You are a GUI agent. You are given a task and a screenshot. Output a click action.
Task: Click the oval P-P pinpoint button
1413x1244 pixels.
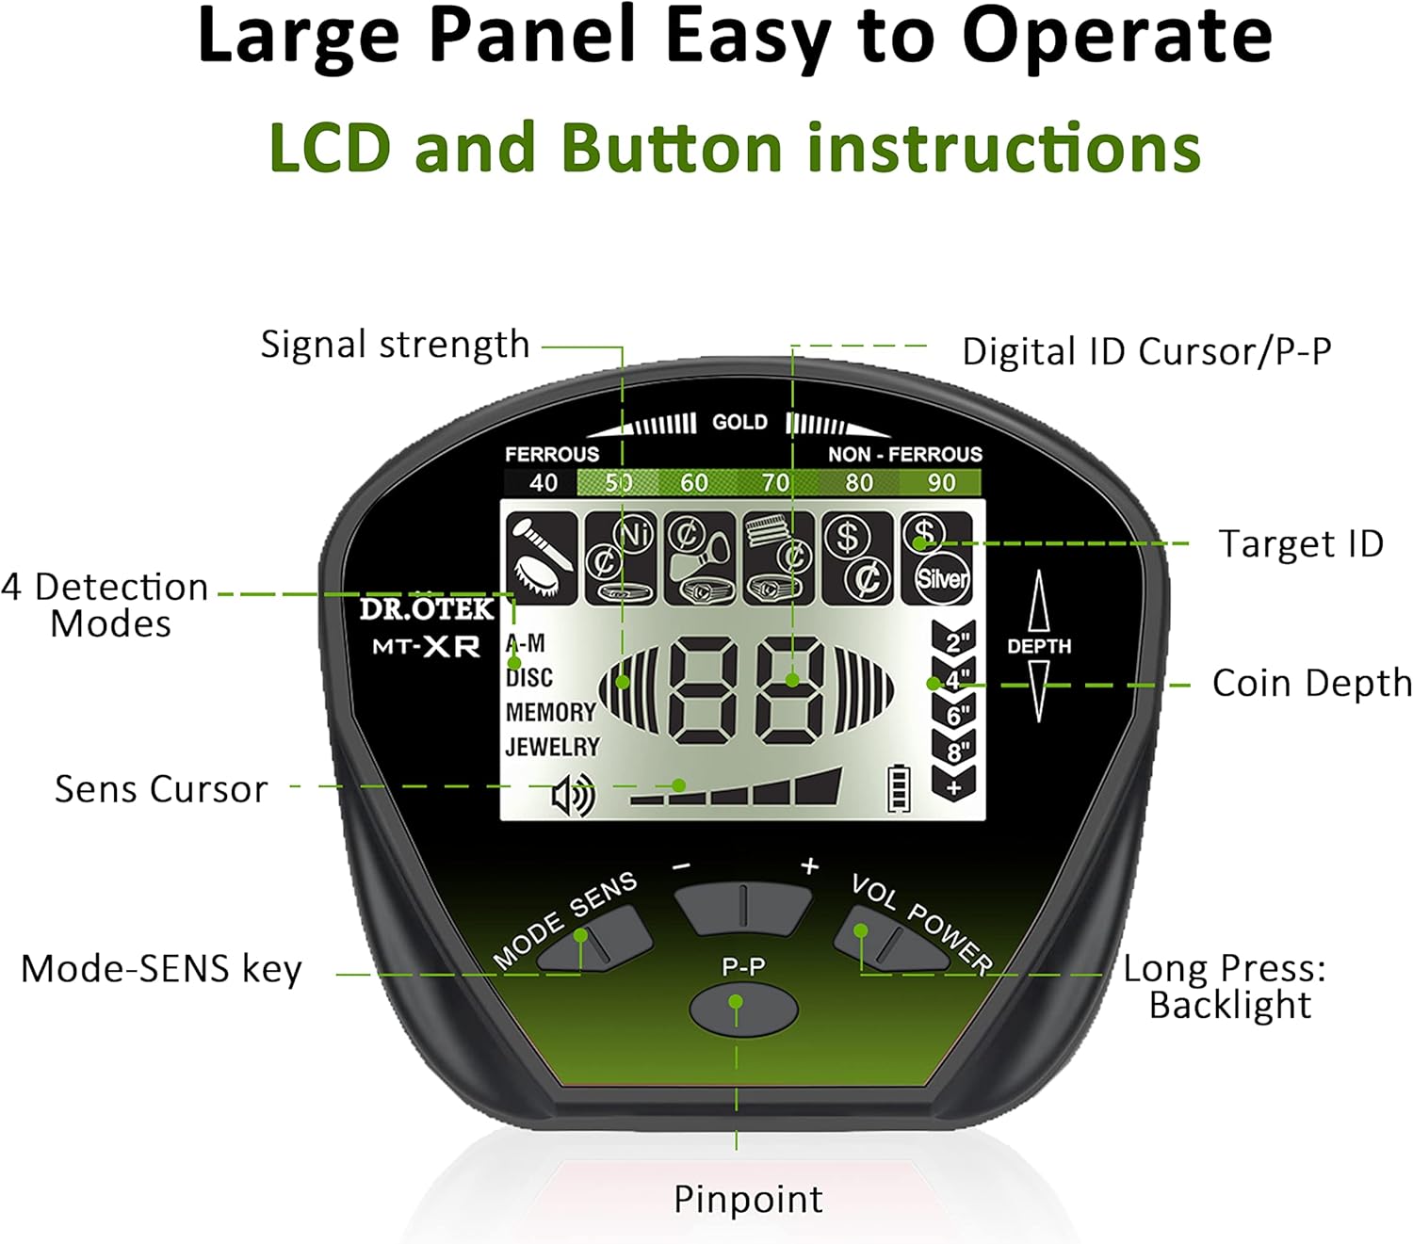point(742,1009)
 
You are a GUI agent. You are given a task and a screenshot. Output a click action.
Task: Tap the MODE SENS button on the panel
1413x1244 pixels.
point(594,939)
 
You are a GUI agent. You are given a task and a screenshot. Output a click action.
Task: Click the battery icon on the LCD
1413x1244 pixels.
point(899,788)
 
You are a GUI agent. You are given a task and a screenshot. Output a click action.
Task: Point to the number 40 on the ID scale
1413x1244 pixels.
point(544,482)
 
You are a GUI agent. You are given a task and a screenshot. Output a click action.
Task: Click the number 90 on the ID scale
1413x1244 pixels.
point(941,482)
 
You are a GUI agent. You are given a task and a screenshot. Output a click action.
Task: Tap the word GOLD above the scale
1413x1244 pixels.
point(739,422)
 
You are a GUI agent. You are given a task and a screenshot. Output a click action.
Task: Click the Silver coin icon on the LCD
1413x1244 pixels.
point(942,578)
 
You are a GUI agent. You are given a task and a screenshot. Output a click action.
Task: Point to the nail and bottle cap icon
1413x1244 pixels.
point(542,558)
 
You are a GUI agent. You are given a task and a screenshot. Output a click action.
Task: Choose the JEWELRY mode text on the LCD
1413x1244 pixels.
point(552,747)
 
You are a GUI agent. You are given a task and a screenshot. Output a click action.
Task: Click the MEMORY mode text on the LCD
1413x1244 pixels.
point(551,712)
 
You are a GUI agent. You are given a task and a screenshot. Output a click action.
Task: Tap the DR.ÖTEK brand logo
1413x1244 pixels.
point(427,608)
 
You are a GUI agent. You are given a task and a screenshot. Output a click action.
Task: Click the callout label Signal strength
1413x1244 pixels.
point(396,345)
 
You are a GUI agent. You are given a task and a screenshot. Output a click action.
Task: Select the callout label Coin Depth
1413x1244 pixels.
point(1312,683)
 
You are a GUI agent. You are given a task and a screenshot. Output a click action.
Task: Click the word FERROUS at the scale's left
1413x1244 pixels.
point(552,455)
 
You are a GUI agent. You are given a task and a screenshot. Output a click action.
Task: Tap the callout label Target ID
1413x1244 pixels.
point(1302,543)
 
